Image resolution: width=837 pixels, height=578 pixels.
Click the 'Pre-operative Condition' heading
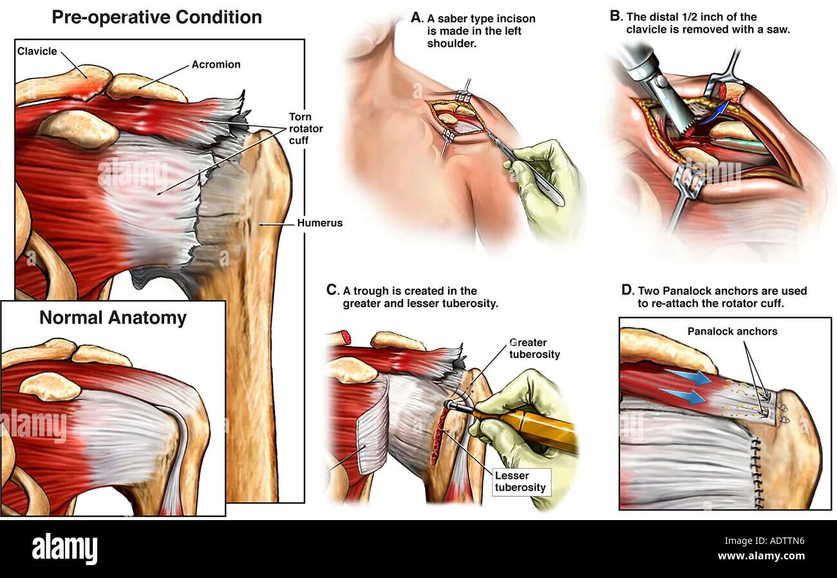[x=156, y=17]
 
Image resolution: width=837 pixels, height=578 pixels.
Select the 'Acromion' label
[x=216, y=64]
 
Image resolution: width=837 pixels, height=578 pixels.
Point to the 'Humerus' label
[x=319, y=223]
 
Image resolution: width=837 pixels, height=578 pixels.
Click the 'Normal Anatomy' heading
[x=113, y=317]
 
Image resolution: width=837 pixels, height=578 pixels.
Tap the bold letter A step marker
[x=417, y=17]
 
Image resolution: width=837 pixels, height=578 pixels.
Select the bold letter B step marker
[x=615, y=16]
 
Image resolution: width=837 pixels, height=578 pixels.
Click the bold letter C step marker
[x=331, y=291]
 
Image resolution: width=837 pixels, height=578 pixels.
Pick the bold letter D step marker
[x=627, y=290]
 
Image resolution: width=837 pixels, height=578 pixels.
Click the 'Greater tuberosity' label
[x=534, y=348]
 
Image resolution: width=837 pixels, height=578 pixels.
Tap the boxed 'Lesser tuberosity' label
[x=520, y=481]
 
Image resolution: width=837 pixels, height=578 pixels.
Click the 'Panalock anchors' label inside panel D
[x=732, y=331]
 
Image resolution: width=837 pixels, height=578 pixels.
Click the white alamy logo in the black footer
[x=64, y=549]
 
